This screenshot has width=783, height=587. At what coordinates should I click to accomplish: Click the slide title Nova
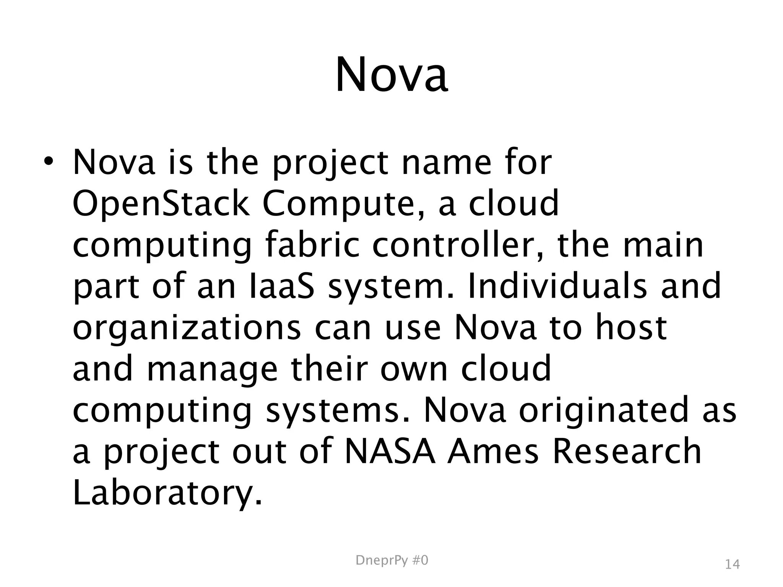click(391, 75)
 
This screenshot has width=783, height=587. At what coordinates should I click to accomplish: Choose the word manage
click(212, 370)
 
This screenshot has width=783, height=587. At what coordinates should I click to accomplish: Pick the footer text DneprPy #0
click(392, 560)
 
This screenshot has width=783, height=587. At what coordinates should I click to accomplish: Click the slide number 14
click(732, 564)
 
